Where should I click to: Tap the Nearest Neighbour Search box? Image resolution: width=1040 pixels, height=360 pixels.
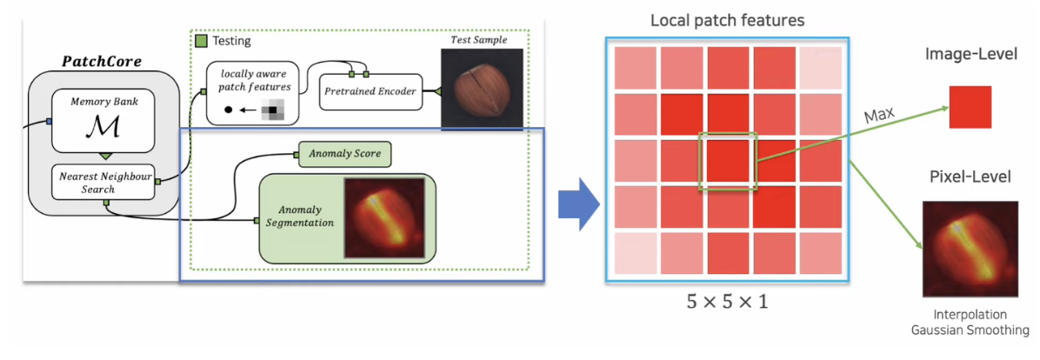coord(103,182)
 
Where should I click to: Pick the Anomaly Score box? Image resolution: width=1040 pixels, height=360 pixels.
coord(344,156)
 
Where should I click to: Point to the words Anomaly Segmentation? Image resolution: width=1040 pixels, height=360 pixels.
coord(299,217)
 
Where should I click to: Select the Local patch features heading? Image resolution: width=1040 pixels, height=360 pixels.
coord(727,19)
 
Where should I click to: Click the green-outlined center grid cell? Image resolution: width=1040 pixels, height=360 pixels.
coord(729,160)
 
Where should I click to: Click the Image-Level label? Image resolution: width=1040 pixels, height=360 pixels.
coord(971,56)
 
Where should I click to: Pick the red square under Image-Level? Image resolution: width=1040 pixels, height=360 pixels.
coord(970,108)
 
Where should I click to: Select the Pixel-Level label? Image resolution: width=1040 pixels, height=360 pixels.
coord(970,177)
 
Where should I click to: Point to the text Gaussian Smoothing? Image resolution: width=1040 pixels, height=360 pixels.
coord(970,330)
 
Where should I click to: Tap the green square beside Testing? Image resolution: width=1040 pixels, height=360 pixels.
coord(201,40)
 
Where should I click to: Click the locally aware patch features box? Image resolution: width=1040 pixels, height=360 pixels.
coord(252,91)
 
